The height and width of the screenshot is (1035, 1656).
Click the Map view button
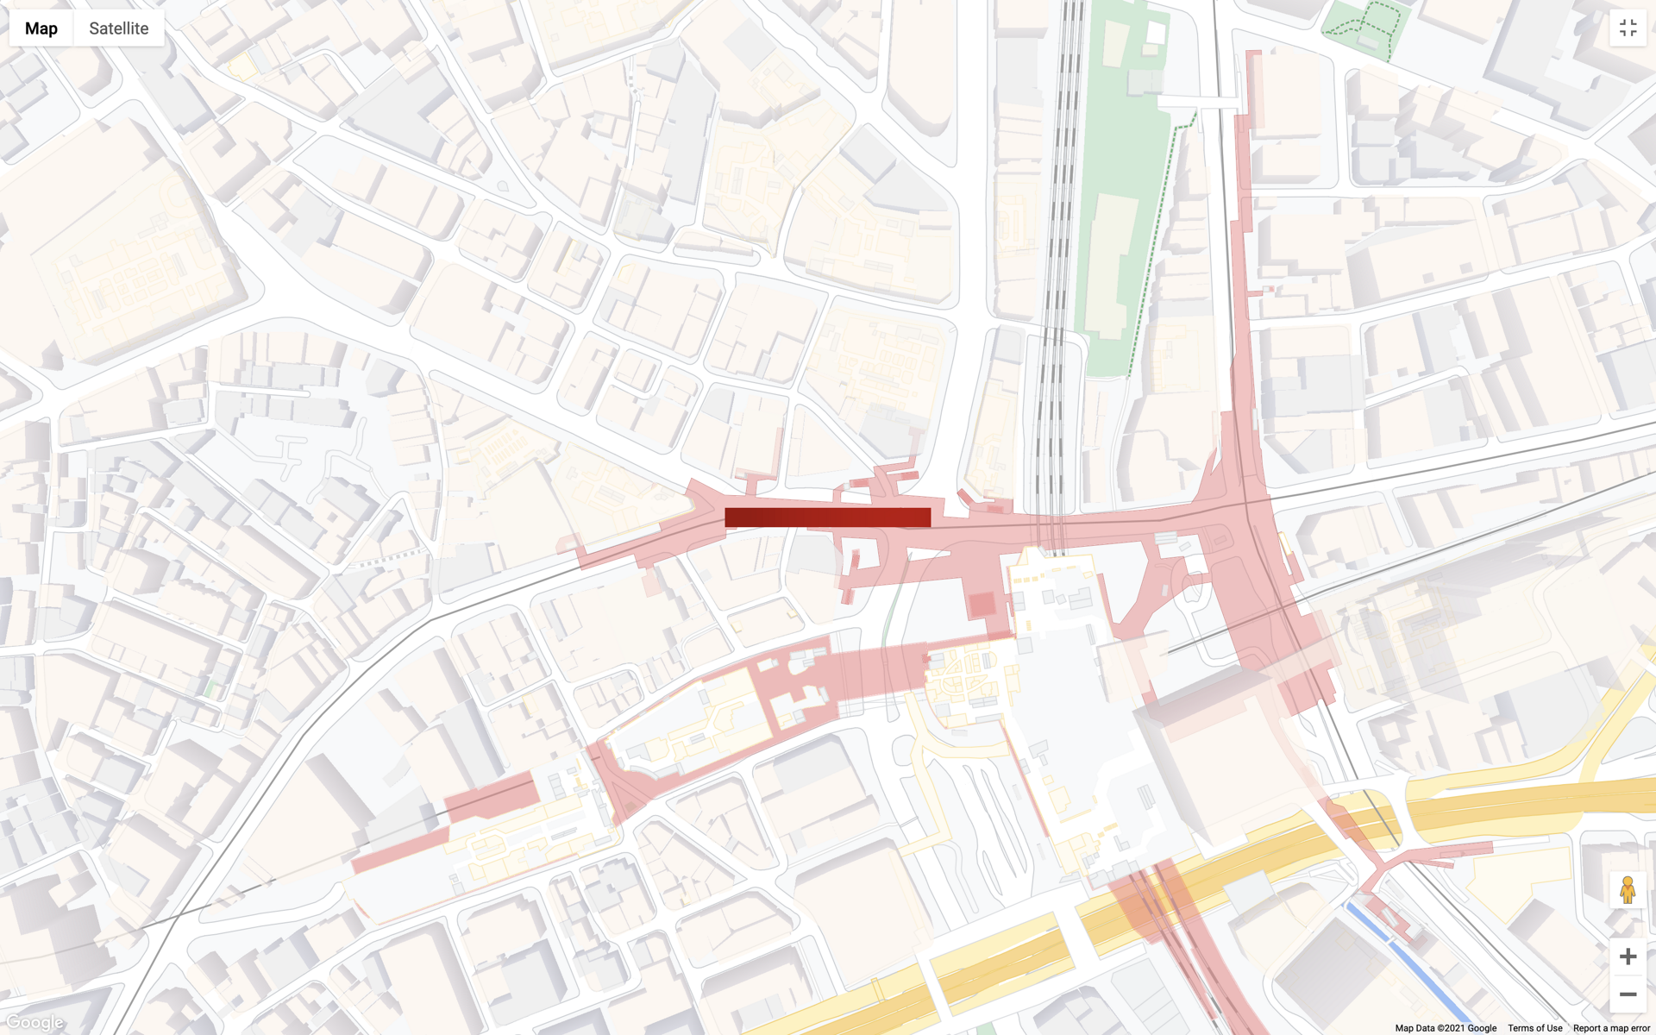pyautogui.click(x=41, y=28)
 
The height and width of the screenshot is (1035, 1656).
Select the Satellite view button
pyautogui.click(x=119, y=28)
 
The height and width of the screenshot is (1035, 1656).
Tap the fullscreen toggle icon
pyautogui.click(x=1628, y=28)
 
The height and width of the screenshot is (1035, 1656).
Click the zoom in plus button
pyautogui.click(x=1628, y=957)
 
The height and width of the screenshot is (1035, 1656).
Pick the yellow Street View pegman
pyautogui.click(x=1628, y=889)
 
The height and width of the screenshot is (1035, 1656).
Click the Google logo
pyautogui.click(x=34, y=1023)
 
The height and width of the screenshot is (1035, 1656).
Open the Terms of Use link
pyautogui.click(x=1534, y=1028)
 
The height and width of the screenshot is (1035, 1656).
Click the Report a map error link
pyautogui.click(x=1611, y=1028)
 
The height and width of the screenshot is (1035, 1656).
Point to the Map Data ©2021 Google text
pyautogui.click(x=1446, y=1028)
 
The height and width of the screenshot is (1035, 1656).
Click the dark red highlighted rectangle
pyautogui.click(x=827, y=517)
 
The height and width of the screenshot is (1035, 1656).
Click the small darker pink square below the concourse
pyautogui.click(x=982, y=605)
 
